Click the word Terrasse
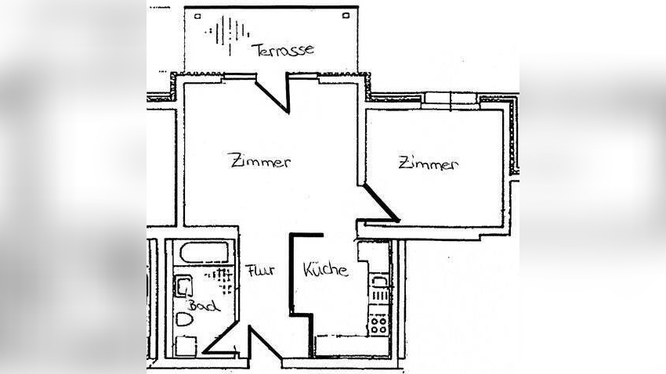click(x=284, y=49)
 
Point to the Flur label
click(x=259, y=271)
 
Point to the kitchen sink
click(x=378, y=282)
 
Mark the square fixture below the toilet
click(x=186, y=346)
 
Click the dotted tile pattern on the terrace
click(x=226, y=33)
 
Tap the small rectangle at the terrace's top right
click(x=346, y=16)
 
